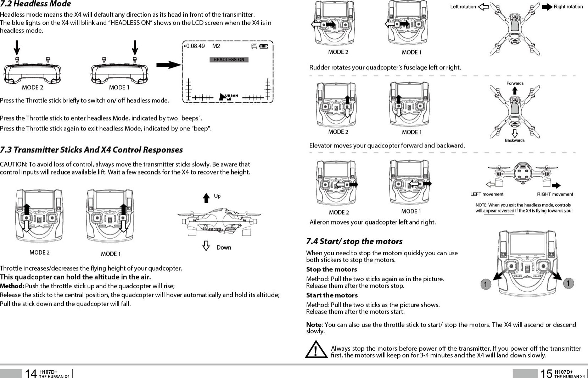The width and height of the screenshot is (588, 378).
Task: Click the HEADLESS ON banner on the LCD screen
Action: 229,60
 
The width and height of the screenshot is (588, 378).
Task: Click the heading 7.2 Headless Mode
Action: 35,4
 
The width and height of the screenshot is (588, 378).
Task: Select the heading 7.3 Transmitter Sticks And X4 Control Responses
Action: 91,150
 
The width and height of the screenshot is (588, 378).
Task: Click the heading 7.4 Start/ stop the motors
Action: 354,241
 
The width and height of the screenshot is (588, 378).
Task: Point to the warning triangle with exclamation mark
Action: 316,350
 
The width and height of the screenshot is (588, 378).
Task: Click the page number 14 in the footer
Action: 31,373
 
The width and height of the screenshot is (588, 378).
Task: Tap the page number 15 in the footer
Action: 546,373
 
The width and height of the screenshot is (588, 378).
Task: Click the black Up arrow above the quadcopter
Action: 206,198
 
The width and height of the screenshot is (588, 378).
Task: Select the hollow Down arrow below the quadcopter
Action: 206,246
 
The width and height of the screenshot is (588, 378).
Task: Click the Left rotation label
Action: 463,7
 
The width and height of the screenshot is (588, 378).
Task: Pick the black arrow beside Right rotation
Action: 547,7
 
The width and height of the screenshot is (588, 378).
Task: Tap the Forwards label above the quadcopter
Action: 515,83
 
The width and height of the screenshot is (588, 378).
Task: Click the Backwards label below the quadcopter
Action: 515,140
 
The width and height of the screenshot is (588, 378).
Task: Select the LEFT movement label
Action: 487,194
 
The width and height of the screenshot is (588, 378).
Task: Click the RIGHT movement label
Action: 555,194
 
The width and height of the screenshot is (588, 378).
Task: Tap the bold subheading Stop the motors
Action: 331,269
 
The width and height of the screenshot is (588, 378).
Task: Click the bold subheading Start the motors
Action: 332,295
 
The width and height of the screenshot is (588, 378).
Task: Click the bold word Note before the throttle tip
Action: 314,325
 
